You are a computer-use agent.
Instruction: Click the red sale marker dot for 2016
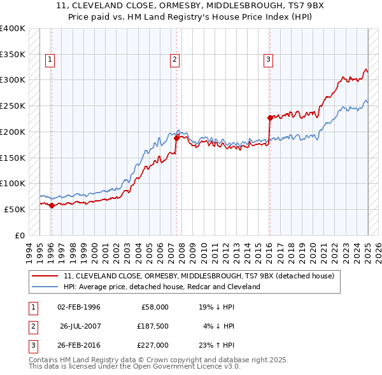coord(270,118)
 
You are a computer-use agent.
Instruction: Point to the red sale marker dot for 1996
coord(52,205)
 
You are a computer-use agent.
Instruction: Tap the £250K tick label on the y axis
coord(13,106)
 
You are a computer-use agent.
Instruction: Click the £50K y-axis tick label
coord(15,209)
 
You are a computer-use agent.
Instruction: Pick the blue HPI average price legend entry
coord(162,287)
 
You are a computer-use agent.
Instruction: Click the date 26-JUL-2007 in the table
coord(81,326)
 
